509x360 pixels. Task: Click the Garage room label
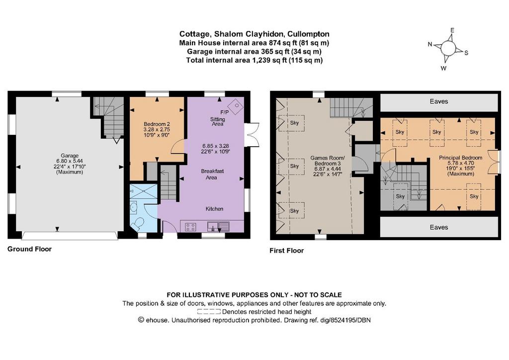(70, 156)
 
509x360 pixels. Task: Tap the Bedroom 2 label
(157, 124)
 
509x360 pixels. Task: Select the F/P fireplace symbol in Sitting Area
(236, 105)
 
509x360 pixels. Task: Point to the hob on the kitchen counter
(190, 227)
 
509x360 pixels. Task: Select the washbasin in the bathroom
(133, 207)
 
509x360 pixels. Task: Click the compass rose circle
(448, 49)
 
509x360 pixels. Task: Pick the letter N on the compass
(430, 44)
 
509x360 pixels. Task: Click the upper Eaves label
(438, 101)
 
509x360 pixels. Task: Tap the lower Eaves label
(438, 227)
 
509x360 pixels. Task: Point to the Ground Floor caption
(29, 249)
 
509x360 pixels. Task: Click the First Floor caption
(287, 251)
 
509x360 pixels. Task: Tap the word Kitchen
(214, 209)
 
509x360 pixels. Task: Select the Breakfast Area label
(212, 175)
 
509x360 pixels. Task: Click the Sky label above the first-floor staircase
(400, 196)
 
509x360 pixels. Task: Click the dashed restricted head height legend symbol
(209, 312)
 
